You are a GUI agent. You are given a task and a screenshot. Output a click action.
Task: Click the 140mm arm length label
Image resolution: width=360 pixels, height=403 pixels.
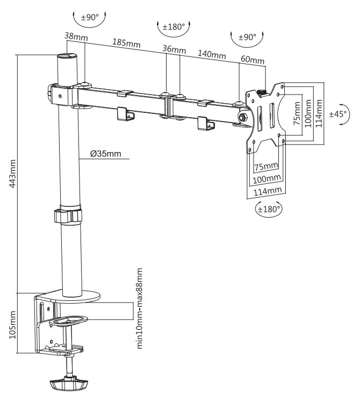pyautogui.click(x=212, y=54)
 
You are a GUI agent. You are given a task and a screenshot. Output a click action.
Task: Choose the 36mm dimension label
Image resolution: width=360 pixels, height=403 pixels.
pyautogui.click(x=174, y=49)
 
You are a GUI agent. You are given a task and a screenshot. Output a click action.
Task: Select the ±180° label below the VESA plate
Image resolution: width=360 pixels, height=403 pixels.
pyautogui.click(x=269, y=210)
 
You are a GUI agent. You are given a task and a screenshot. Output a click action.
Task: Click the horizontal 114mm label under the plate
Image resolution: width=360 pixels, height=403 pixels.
pyautogui.click(x=267, y=191)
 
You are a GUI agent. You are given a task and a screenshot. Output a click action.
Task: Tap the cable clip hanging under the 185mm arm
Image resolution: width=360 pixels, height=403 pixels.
pyautogui.click(x=125, y=115)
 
